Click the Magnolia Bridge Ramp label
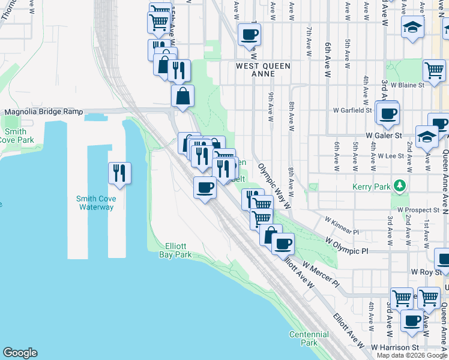click(43, 112)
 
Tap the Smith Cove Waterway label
click(95, 203)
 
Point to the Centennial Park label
click(309, 338)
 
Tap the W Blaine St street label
click(408, 85)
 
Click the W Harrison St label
click(394, 347)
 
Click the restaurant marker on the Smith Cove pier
click(119, 173)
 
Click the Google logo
click(20, 353)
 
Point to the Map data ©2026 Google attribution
click(412, 355)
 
